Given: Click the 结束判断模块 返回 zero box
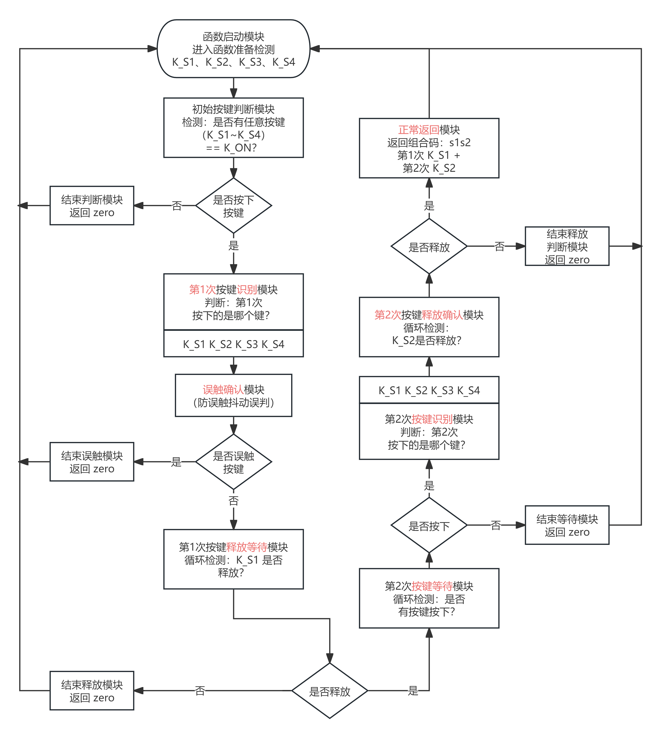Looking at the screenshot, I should click(92, 206).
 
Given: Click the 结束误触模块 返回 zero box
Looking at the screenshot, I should click(92, 462).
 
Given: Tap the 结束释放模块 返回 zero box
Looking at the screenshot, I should click(92, 691).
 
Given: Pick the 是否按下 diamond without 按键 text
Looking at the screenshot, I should click(429, 525).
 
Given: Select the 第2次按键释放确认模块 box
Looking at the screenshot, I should click(429, 327).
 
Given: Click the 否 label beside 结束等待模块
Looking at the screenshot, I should click(496, 525).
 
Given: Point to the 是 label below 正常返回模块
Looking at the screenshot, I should click(429, 206).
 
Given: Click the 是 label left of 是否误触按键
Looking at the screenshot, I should click(176, 462).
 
